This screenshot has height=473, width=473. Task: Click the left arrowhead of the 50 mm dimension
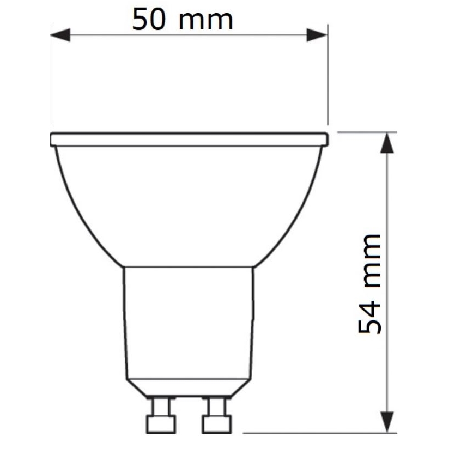coord(60,35)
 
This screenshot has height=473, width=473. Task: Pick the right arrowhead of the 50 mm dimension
coord(317,35)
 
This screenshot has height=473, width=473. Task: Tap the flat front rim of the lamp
coord(189,140)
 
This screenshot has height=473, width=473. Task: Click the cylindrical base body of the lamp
coord(189,322)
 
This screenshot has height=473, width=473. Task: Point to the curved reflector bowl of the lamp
coord(189,207)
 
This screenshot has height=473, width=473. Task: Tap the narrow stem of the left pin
coord(161,407)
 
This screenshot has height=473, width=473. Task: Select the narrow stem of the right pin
coord(217,407)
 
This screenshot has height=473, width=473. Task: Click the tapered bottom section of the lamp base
coord(189,387)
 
